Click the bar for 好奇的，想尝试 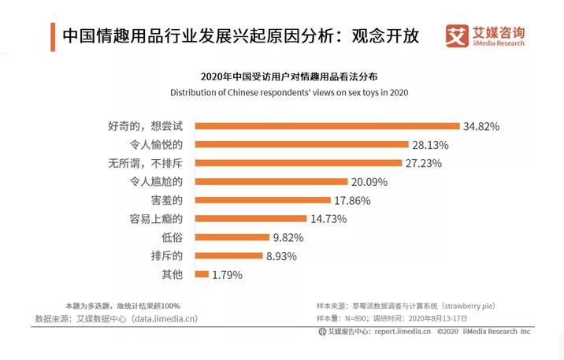tap(327, 126)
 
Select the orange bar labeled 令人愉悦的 tap(301, 145)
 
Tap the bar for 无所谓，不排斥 tap(298, 163)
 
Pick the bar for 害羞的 tap(262, 200)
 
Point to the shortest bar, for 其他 tap(201, 274)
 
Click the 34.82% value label tap(482, 126)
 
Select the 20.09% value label tap(369, 182)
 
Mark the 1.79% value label tap(227, 275)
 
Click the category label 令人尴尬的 tap(156, 182)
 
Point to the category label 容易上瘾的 tap(156, 219)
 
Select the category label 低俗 tap(173, 237)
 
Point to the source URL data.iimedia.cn tap(164, 318)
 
